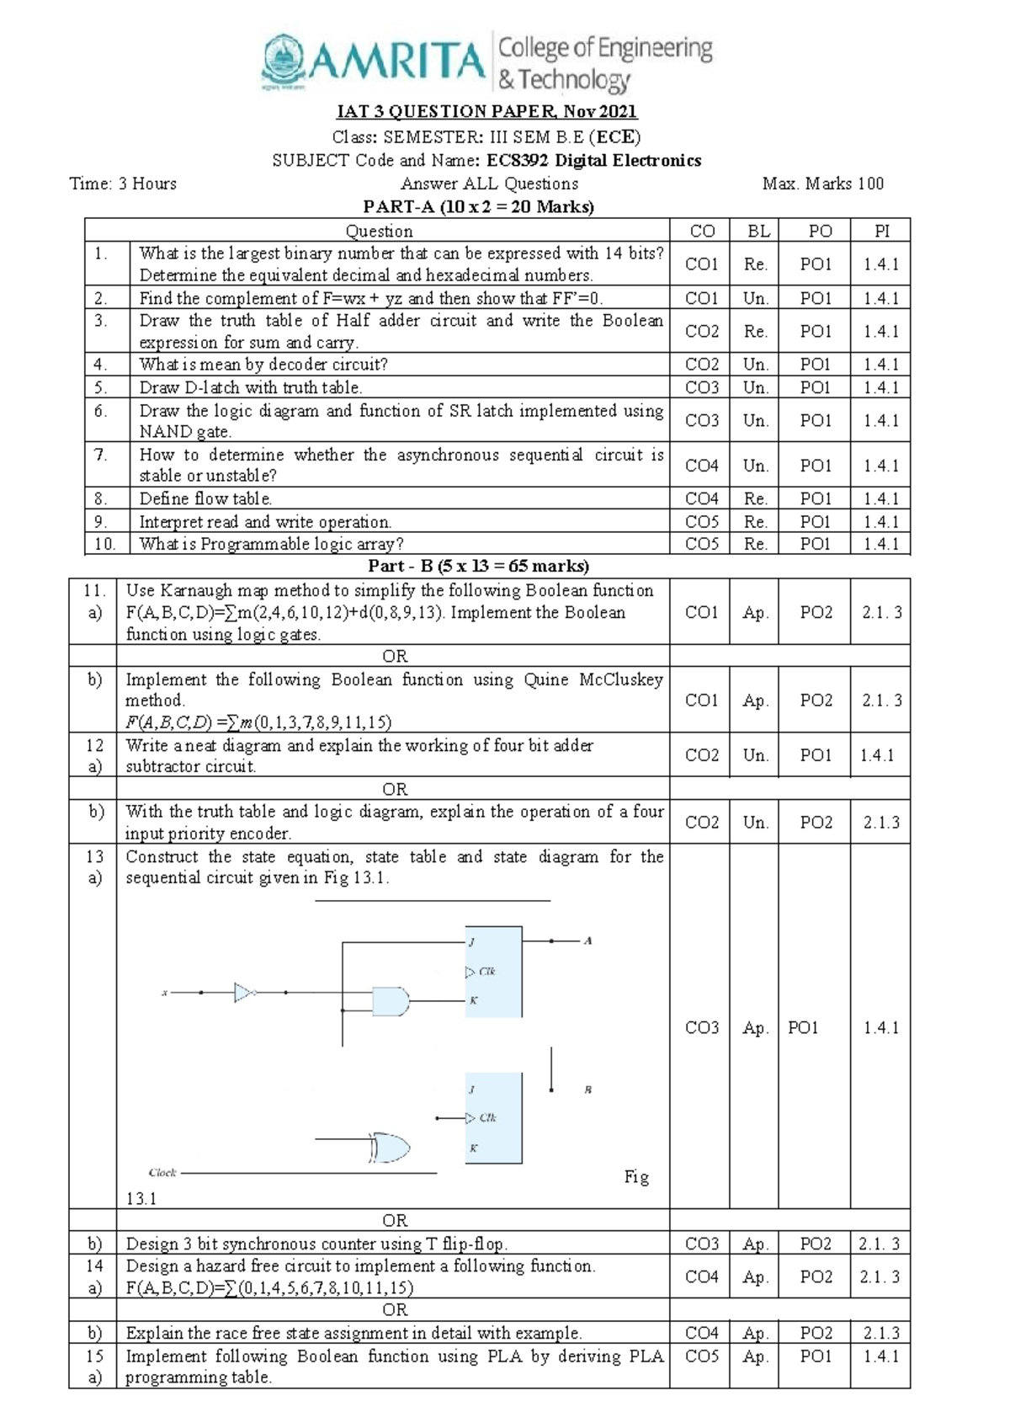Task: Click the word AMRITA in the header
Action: point(401,61)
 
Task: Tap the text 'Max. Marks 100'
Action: point(822,184)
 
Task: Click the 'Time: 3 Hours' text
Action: point(123,184)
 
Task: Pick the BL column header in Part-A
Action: point(755,231)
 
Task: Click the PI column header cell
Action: point(880,231)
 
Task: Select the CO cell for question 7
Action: point(701,465)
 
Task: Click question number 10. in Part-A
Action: point(104,544)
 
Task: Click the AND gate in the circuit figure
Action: point(391,1001)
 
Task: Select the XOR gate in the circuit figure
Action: point(389,1148)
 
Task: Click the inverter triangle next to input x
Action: point(244,992)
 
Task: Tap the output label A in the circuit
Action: point(587,940)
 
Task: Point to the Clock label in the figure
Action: point(162,1172)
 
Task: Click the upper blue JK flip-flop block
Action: point(493,972)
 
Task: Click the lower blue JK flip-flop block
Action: point(493,1117)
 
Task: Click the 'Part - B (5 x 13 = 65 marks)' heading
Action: point(478,566)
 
